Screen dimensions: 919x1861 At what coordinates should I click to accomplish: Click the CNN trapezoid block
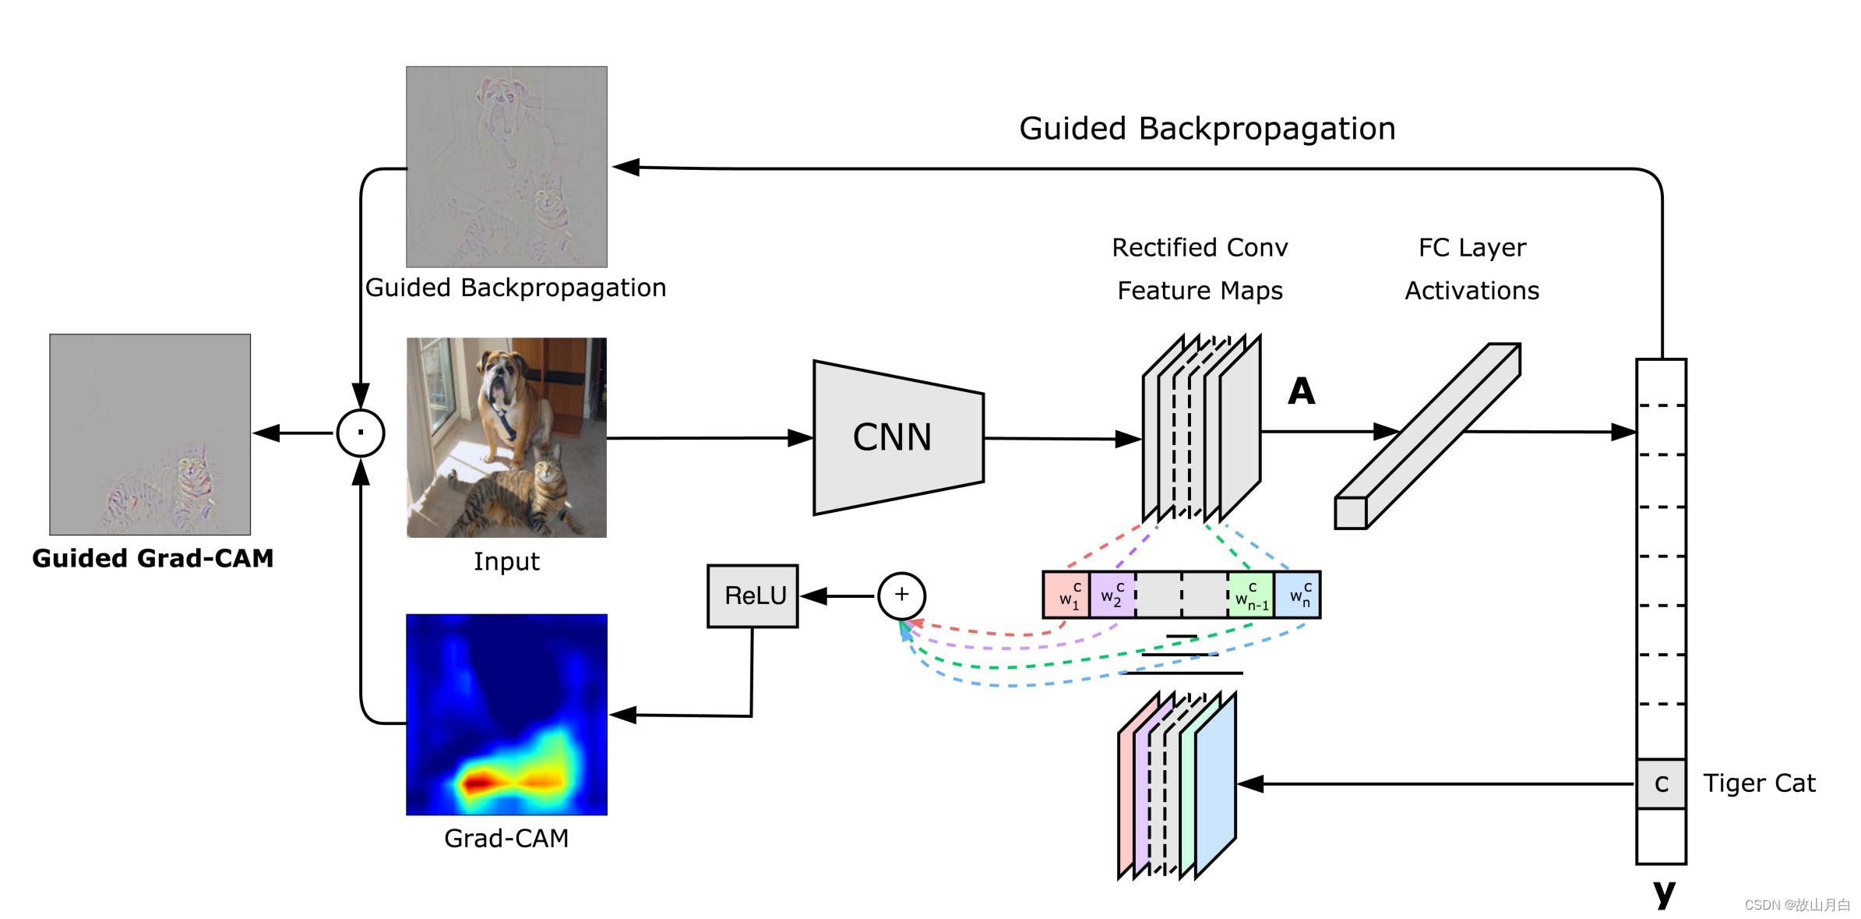[x=896, y=437]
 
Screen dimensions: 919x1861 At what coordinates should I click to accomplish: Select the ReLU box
[x=753, y=596]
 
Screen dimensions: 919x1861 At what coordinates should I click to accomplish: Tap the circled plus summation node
[x=901, y=596]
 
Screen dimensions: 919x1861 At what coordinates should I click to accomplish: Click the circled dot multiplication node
[x=361, y=433]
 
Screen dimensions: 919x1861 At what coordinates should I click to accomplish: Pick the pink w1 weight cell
[x=1066, y=596]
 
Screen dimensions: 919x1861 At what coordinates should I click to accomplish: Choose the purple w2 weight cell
[x=1112, y=596]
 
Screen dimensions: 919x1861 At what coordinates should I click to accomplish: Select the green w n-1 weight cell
[x=1251, y=596]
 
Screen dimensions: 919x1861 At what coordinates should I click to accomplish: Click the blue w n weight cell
[x=1298, y=596]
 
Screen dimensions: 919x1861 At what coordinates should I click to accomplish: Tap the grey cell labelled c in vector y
[x=1661, y=783]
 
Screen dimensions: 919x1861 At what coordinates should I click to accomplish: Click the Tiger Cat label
[x=1759, y=783]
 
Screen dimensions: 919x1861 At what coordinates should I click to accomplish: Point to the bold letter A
[x=1301, y=391]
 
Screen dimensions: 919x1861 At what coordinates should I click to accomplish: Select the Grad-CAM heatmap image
[x=506, y=714]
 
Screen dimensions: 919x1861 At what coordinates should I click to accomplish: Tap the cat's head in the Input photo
[x=548, y=466]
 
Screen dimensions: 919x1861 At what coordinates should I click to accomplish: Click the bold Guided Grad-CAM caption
[x=153, y=558]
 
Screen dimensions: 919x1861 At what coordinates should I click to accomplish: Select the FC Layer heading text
[x=1472, y=248]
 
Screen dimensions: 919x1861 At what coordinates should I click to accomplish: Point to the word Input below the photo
[x=506, y=561]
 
